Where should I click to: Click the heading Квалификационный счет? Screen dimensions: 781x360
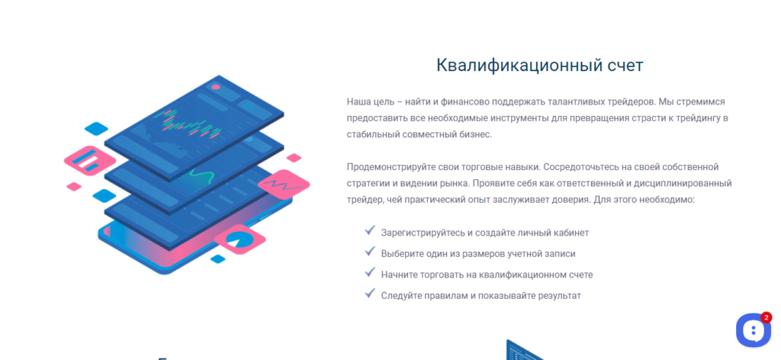(x=540, y=66)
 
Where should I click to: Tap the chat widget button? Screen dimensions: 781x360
(x=753, y=330)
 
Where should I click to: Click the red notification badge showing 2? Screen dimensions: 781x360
(x=766, y=317)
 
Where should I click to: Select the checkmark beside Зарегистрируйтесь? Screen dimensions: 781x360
(x=370, y=230)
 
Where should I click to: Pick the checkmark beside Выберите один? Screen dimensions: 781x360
(x=370, y=251)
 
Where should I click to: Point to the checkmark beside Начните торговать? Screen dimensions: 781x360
(x=370, y=272)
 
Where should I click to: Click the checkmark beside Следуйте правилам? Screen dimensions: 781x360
(x=370, y=293)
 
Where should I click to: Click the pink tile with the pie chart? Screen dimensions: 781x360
(x=239, y=239)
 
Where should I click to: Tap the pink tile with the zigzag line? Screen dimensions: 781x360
(x=284, y=185)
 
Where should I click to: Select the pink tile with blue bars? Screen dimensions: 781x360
(x=90, y=160)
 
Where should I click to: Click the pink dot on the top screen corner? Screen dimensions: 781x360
(x=216, y=87)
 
